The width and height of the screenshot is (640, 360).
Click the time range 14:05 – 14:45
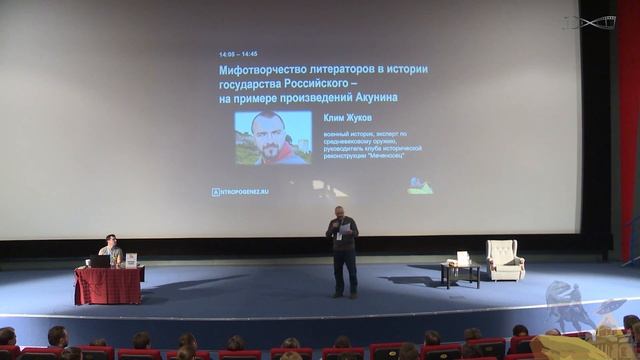[x=238, y=54]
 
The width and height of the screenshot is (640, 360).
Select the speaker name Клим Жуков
[x=347, y=117]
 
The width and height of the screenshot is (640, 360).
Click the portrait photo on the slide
[x=272, y=138]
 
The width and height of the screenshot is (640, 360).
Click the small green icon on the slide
[x=420, y=186]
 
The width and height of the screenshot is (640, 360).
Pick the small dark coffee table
[x=460, y=271]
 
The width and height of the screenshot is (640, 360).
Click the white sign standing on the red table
[x=131, y=260]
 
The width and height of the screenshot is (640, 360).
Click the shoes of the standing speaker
[x=345, y=294]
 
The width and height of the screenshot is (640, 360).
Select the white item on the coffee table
[x=462, y=258]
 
